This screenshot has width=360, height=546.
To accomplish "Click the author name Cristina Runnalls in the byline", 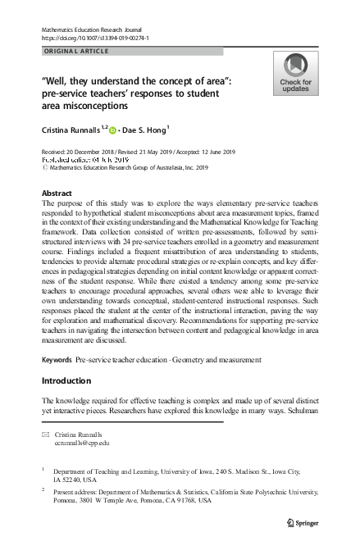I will coord(71,130).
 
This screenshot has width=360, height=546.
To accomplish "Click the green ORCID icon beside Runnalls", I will coord(113,130).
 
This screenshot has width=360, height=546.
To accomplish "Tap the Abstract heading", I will coord(57,193).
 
